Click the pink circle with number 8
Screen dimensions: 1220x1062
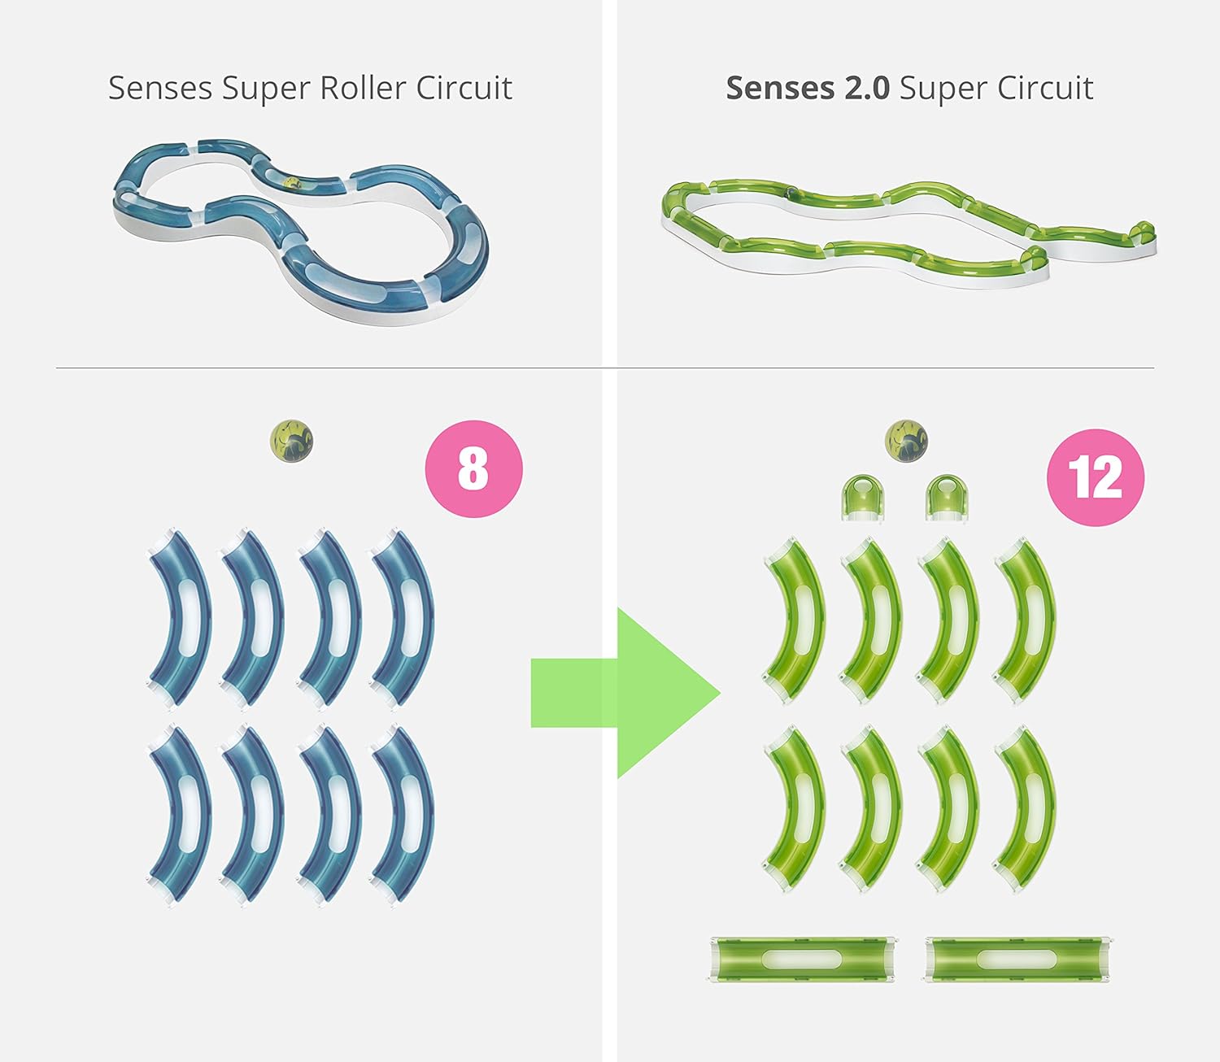(x=473, y=469)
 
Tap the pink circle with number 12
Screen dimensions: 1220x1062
(x=1096, y=477)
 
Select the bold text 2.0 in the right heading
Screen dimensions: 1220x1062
(x=862, y=88)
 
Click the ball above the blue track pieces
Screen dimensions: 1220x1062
(x=292, y=441)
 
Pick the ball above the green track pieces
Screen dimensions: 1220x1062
(x=906, y=441)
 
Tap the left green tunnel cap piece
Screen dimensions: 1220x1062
(x=862, y=498)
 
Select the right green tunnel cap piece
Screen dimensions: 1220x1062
(x=946, y=498)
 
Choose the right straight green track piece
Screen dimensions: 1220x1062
(x=1017, y=960)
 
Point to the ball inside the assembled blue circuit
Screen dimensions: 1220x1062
(x=293, y=183)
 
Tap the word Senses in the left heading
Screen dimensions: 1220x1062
(x=160, y=88)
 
